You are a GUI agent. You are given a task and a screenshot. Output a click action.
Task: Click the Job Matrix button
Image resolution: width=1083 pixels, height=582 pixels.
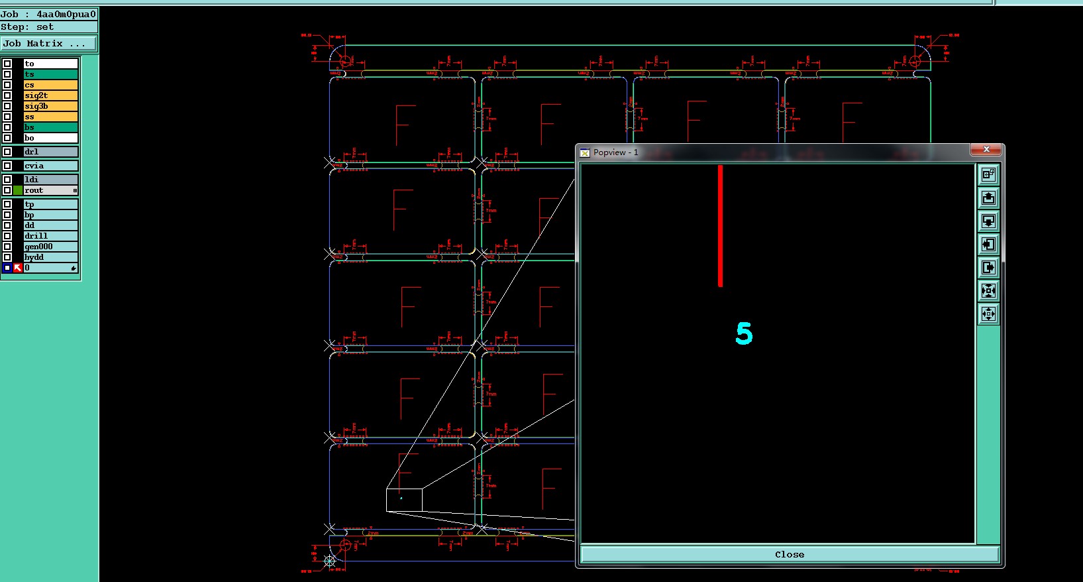pos(48,44)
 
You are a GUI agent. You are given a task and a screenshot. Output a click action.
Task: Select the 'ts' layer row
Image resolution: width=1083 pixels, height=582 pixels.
pos(50,74)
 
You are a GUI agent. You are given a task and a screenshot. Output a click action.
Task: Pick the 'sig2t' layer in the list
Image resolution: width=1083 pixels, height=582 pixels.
pos(50,95)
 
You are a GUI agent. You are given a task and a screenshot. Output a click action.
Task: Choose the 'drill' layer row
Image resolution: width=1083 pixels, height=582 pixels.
pos(50,236)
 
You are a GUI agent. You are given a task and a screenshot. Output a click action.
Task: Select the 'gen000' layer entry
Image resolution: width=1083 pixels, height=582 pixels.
pos(50,247)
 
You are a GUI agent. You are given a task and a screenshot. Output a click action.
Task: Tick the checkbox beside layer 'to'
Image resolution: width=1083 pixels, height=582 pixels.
pos(7,64)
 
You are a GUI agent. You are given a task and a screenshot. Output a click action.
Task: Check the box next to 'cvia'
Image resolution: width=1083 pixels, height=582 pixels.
pos(7,166)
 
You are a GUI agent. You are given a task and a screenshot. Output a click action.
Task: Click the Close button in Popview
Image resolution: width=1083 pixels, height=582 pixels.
pos(789,554)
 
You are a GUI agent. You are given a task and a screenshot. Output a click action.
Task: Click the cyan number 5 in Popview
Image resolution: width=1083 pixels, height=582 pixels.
pos(744,333)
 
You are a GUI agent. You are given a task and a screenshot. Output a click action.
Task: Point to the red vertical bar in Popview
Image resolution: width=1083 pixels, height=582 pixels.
pos(720,225)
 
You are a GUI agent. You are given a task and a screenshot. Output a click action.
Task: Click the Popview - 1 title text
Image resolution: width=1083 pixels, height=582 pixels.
pos(615,152)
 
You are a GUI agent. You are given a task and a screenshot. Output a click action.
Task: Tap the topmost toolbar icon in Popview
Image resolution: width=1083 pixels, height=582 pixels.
pos(988,174)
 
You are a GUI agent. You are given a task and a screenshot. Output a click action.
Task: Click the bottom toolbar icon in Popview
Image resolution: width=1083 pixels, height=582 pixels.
pos(988,314)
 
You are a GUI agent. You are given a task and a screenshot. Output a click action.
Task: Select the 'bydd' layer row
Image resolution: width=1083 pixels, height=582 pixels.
pos(50,257)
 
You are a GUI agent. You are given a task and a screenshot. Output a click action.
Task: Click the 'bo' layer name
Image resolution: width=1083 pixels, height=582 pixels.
pos(50,138)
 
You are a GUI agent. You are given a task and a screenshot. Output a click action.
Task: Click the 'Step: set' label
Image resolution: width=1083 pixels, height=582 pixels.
pos(28,27)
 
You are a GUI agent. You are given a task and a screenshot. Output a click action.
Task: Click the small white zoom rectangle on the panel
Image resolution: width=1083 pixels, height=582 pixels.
pos(404,500)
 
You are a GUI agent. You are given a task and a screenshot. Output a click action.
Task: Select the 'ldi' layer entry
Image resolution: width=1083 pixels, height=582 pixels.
pos(50,180)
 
